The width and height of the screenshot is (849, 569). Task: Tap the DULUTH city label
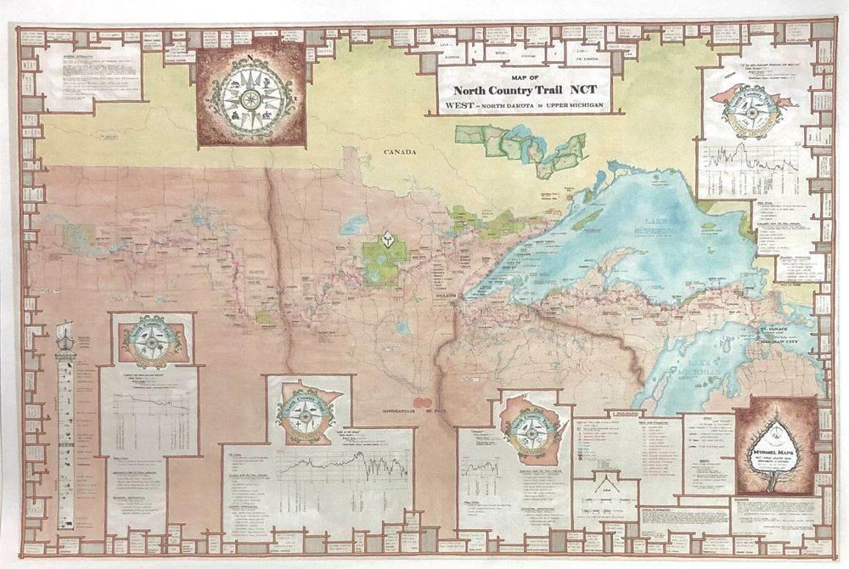(446, 296)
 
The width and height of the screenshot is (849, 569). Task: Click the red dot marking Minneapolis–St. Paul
(422, 398)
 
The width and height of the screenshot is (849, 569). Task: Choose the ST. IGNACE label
(774, 326)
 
